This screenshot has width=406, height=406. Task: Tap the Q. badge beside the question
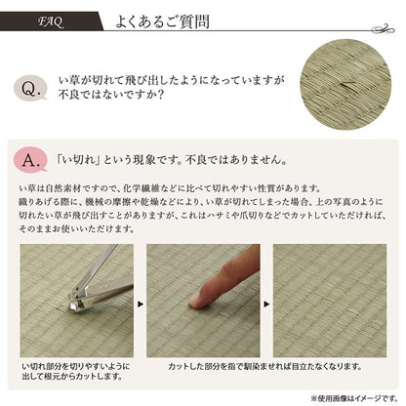32,90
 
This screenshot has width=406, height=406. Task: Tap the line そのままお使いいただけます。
77,227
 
